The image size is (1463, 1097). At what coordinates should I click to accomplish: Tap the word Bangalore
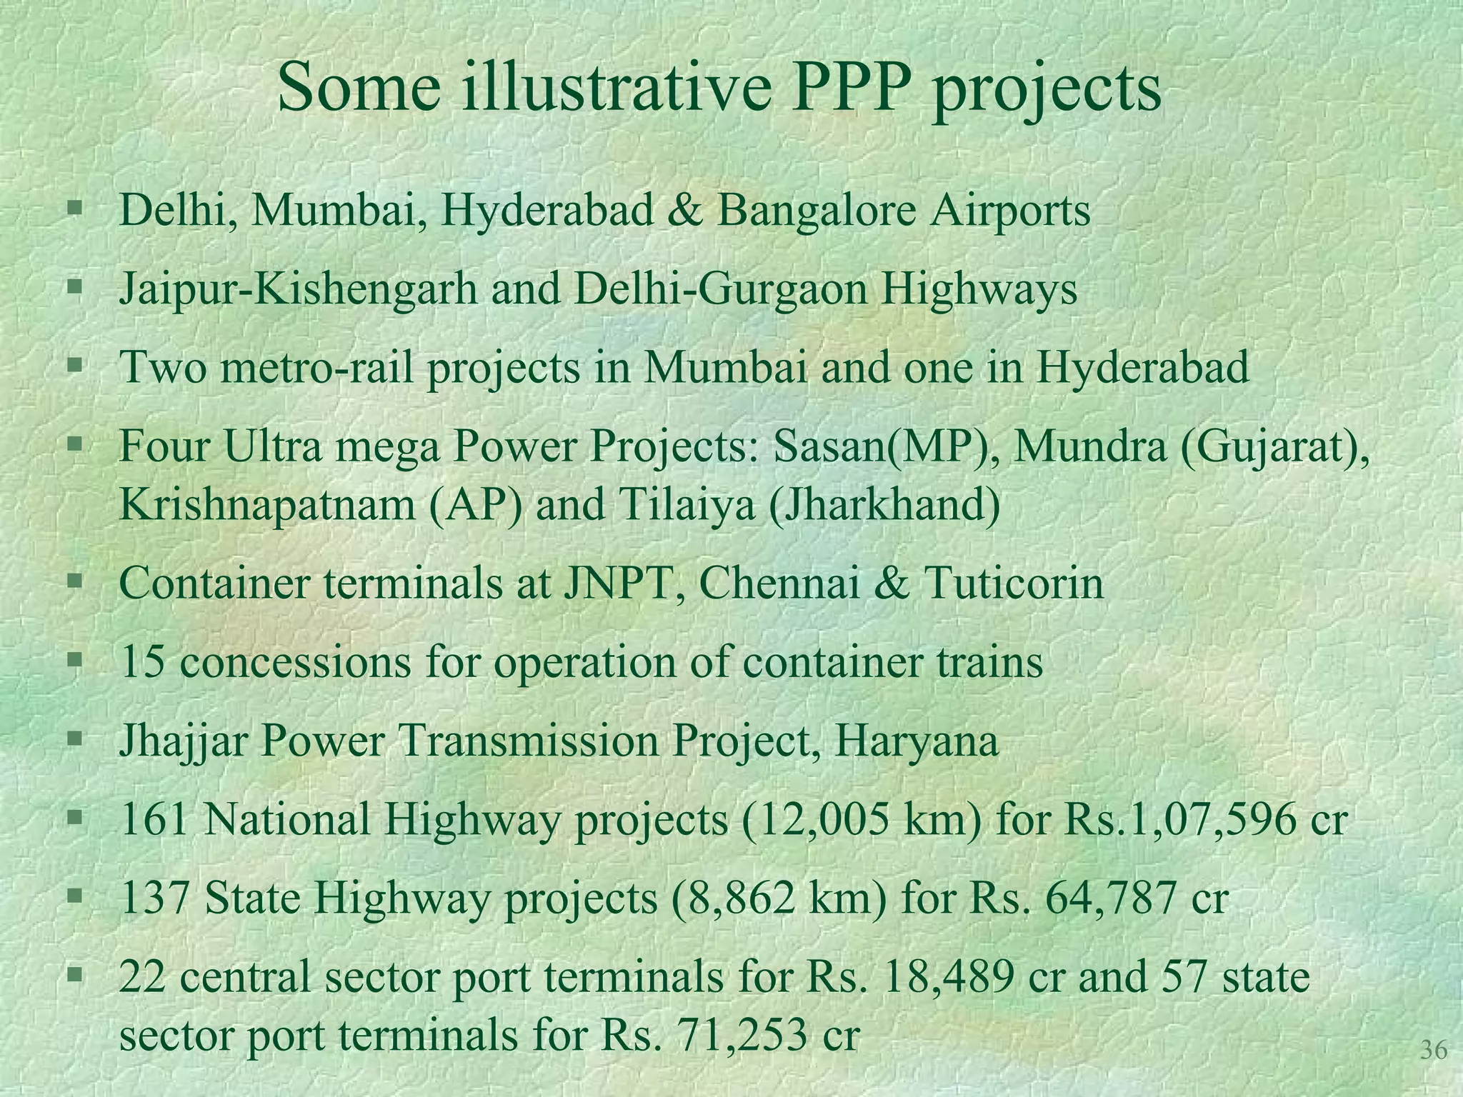pos(817,211)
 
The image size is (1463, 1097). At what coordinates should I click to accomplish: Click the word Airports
pos(1010,212)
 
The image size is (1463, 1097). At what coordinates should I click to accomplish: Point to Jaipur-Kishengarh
pos(297,291)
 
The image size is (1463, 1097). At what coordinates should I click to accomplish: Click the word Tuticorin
pos(1014,583)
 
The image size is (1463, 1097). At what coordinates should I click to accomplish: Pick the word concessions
pos(295,663)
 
